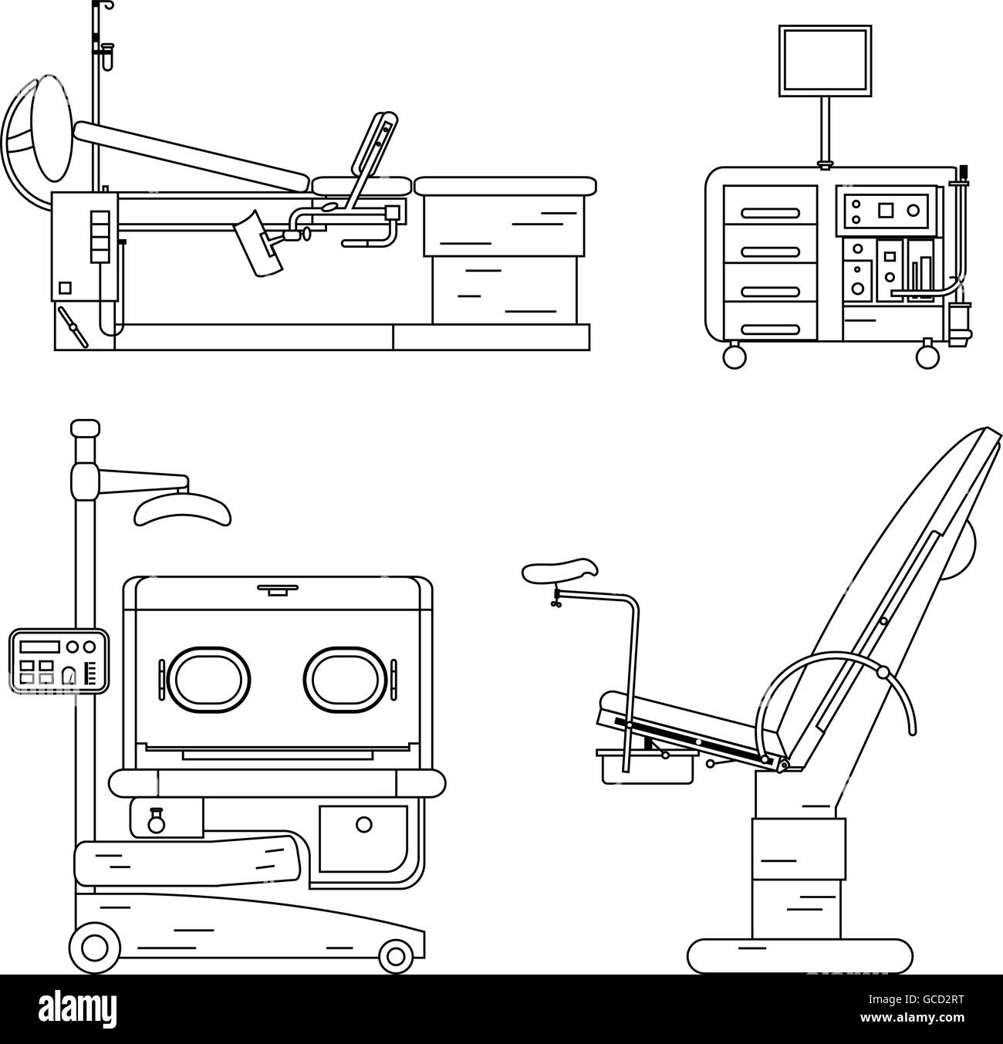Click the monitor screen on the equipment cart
[825, 60]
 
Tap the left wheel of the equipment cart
[735, 356]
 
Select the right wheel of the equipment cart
[927, 356]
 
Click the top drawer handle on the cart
[770, 214]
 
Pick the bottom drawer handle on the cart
[770, 330]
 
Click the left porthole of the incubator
[208, 680]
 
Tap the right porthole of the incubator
[345, 680]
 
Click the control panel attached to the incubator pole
[59, 661]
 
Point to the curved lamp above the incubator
[182, 511]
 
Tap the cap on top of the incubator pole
[86, 428]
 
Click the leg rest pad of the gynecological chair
[560, 570]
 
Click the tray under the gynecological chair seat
[647, 768]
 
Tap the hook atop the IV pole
[103, 6]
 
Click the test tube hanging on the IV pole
[108, 57]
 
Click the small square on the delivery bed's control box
[65, 288]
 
